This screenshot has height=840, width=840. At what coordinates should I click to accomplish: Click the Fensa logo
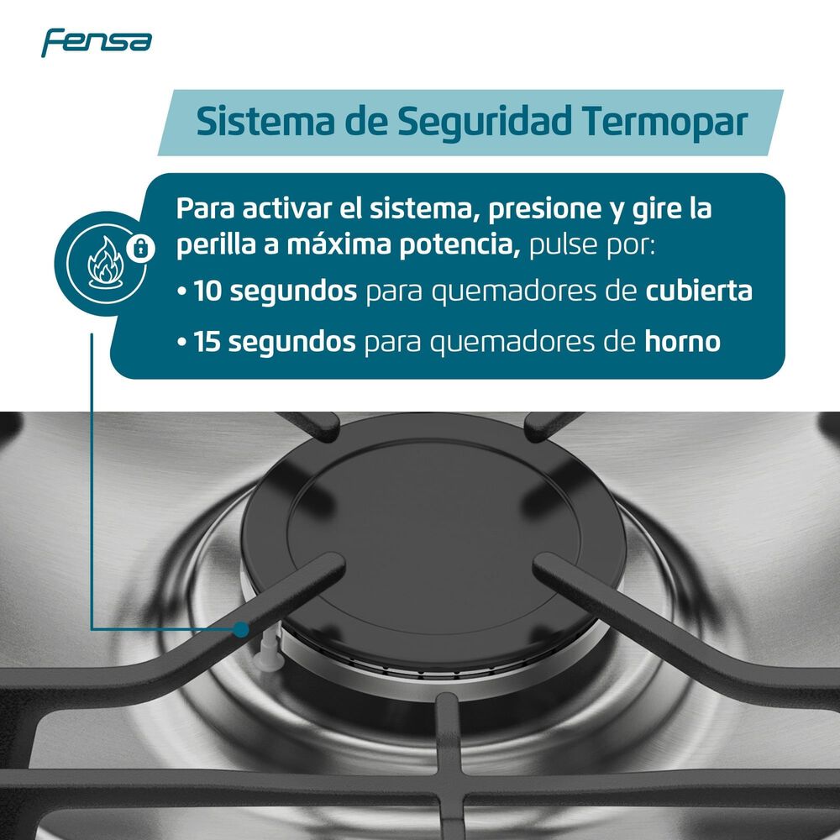(x=97, y=41)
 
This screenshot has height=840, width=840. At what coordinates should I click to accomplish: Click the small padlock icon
(x=141, y=247)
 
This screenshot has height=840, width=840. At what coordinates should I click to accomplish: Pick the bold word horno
(x=682, y=343)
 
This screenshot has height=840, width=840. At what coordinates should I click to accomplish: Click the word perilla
(x=209, y=247)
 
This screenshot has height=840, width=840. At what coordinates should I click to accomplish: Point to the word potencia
(x=454, y=247)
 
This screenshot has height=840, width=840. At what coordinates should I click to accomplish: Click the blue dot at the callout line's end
(x=242, y=627)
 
